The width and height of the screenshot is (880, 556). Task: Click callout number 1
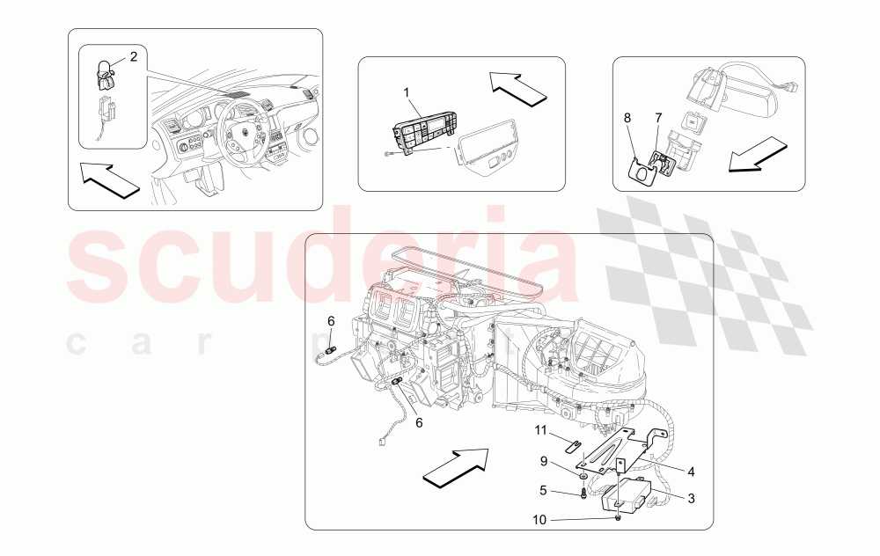click(x=407, y=92)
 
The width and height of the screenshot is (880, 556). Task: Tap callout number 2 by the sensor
click(x=134, y=57)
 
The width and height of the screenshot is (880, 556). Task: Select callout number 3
click(x=691, y=499)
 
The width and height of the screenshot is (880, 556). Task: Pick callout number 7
click(x=657, y=117)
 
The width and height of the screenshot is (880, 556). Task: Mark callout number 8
click(x=628, y=117)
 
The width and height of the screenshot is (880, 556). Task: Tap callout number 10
click(x=539, y=520)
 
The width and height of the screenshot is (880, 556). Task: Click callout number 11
click(x=543, y=430)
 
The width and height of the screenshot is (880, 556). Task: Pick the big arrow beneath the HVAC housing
click(x=456, y=465)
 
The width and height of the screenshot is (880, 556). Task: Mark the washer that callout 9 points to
click(x=583, y=476)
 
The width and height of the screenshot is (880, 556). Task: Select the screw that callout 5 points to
click(x=583, y=493)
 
